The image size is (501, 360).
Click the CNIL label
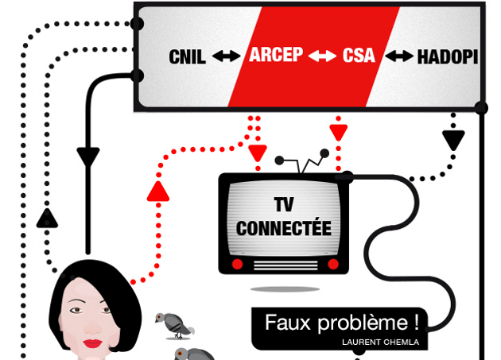(x=188, y=56)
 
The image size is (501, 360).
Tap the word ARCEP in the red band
(x=276, y=56)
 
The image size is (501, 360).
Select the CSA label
(x=359, y=56)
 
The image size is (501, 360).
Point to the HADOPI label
(x=448, y=56)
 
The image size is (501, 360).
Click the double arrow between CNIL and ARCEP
(x=227, y=56)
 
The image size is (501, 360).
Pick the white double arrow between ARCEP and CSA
(x=322, y=56)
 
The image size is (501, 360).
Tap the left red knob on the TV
(x=236, y=264)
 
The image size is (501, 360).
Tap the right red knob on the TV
(x=333, y=264)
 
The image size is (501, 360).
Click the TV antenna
(x=304, y=161)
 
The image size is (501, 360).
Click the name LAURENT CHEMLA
(x=379, y=342)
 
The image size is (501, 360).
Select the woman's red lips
(x=94, y=343)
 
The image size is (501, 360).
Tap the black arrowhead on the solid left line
(x=88, y=157)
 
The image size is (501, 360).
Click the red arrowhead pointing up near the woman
(x=158, y=191)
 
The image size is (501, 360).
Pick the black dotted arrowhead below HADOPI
(x=453, y=141)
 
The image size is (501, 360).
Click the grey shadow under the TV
(x=285, y=288)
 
